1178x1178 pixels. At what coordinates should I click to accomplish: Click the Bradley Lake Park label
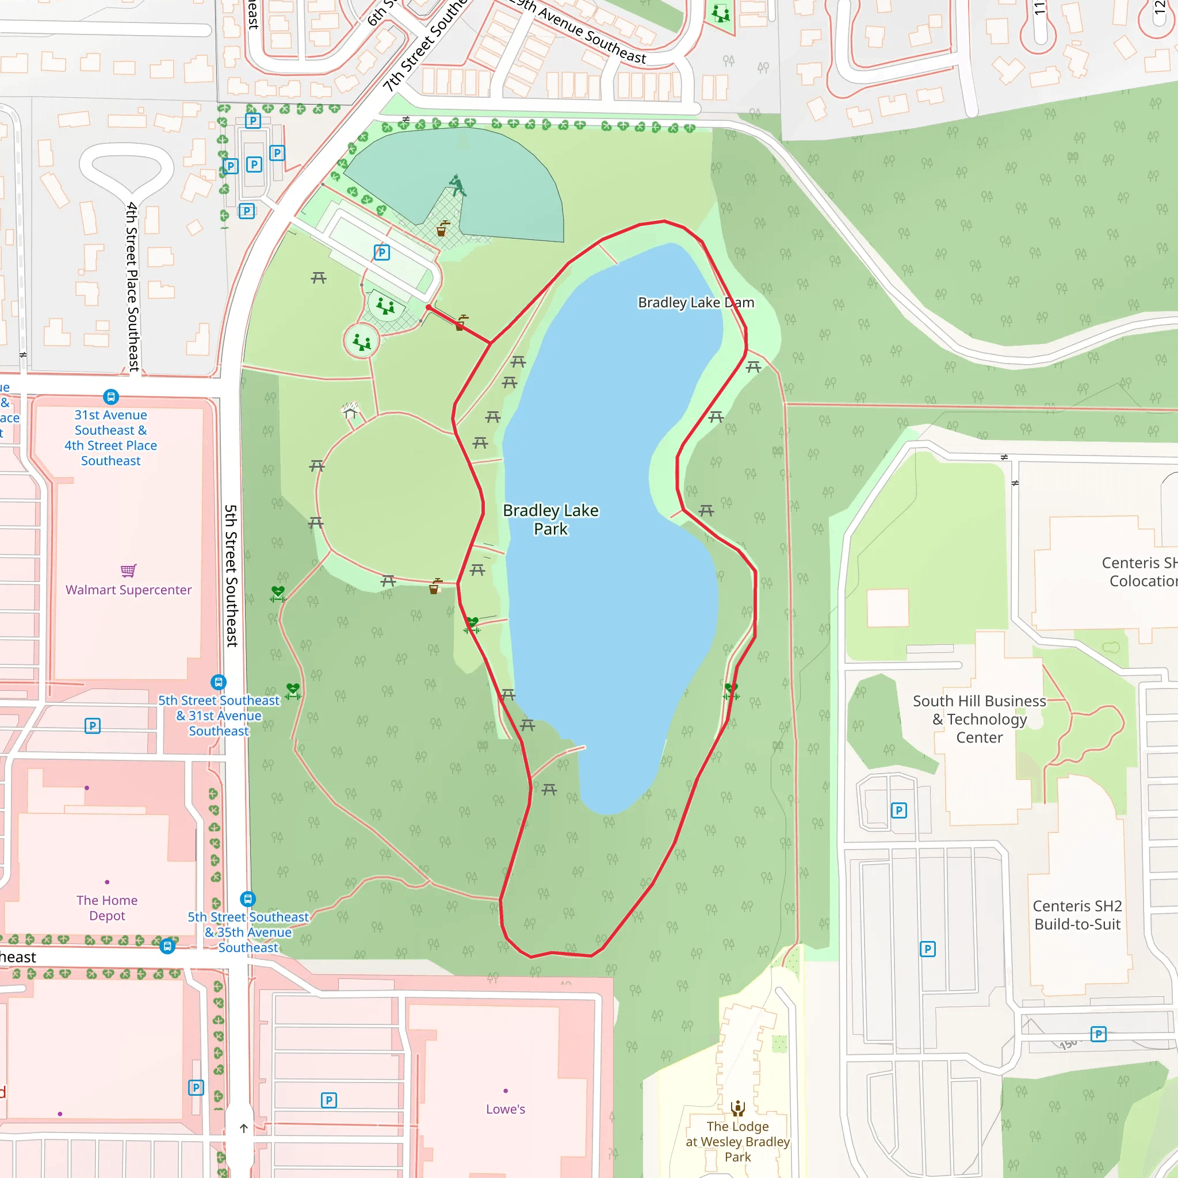coord(550,519)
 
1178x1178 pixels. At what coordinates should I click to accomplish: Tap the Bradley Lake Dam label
coord(696,303)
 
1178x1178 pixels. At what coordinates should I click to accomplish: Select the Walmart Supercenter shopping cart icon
coord(128,571)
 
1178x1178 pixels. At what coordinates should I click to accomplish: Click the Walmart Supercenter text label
coord(129,590)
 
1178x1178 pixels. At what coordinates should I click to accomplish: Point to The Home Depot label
coord(107,908)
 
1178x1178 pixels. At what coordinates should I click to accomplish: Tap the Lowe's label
coord(506,1109)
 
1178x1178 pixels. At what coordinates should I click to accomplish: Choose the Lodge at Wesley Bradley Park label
coord(738,1141)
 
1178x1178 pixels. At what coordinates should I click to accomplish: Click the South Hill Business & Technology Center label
coord(979,719)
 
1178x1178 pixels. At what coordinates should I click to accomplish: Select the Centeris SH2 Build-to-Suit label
coord(1077,915)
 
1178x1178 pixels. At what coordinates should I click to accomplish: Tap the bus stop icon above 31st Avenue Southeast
coord(111,397)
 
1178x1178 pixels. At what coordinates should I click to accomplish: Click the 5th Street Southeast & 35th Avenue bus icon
coord(247,899)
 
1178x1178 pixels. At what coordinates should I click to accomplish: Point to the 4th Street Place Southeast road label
coord(132,286)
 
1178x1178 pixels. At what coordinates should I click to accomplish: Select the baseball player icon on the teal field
coord(456,185)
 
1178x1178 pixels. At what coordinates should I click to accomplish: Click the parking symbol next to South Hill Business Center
coord(899,810)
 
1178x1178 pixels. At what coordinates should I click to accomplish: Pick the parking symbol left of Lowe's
coord(328,1100)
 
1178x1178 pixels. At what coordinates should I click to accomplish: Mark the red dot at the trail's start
coord(429,307)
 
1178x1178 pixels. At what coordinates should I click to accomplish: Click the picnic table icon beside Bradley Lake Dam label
coord(754,366)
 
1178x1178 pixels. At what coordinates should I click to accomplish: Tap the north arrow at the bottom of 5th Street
coord(244,1128)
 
